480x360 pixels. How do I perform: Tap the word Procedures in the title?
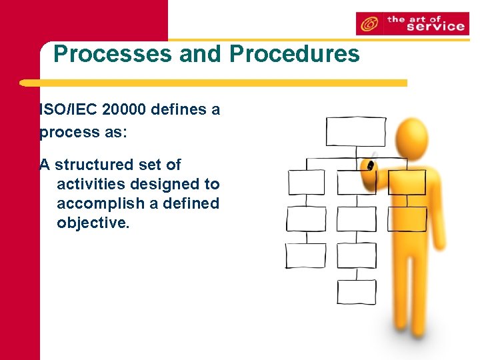pos(294,54)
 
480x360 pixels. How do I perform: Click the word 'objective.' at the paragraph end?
pos(93,223)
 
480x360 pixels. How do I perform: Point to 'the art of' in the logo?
pos(414,19)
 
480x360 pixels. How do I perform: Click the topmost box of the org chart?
pos(346,131)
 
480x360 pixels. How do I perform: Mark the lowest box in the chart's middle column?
pos(356,291)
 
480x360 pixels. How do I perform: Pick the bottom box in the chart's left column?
pos(306,255)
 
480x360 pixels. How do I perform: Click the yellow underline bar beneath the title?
pos(213,83)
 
